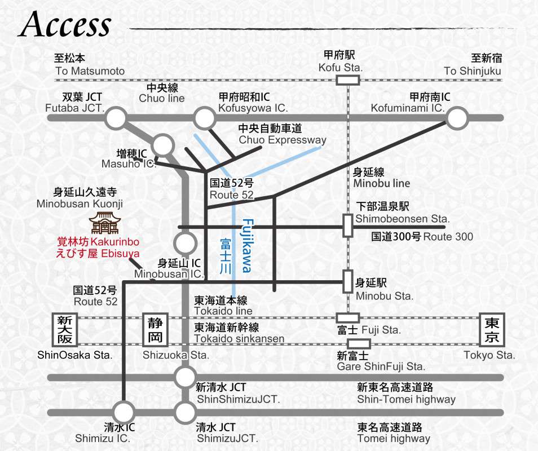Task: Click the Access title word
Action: pos(65,25)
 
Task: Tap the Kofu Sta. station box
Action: pos(347,80)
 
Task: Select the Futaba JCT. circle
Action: pos(116,118)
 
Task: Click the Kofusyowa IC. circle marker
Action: pos(204,118)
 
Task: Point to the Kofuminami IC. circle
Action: pos(457,118)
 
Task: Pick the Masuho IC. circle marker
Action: pos(163,145)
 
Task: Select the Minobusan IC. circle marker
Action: pos(185,244)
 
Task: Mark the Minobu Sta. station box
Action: pos(347,281)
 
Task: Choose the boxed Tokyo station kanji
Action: pos(491,330)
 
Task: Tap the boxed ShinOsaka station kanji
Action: pos(63,330)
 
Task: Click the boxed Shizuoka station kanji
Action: pos(155,330)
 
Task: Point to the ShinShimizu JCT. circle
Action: pos(185,377)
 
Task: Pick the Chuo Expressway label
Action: pos(282,140)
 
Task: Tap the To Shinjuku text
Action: pos(472,71)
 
